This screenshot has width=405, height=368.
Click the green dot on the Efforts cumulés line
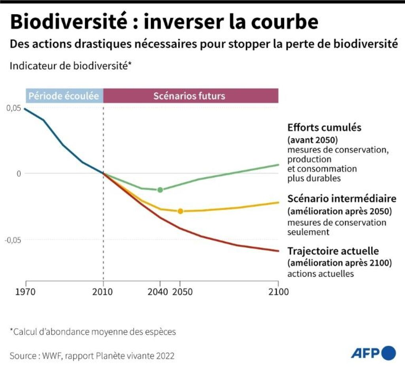pos(160,190)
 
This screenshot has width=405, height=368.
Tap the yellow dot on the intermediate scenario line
pos(180,211)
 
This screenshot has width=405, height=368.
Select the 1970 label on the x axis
pos(26,293)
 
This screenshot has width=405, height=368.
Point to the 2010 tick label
pos(103,293)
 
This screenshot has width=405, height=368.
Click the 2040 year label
pos(159,293)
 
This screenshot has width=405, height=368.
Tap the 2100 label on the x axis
pos(278,293)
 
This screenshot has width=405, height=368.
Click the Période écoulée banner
pos(64,96)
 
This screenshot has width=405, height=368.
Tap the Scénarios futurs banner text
pos(189,96)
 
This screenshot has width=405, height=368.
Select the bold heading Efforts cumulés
pos(324,128)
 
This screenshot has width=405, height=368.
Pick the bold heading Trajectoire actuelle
pos(333,251)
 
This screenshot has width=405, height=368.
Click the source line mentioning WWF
pos(92,356)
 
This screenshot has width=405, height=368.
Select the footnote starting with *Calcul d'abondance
pos(93,332)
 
